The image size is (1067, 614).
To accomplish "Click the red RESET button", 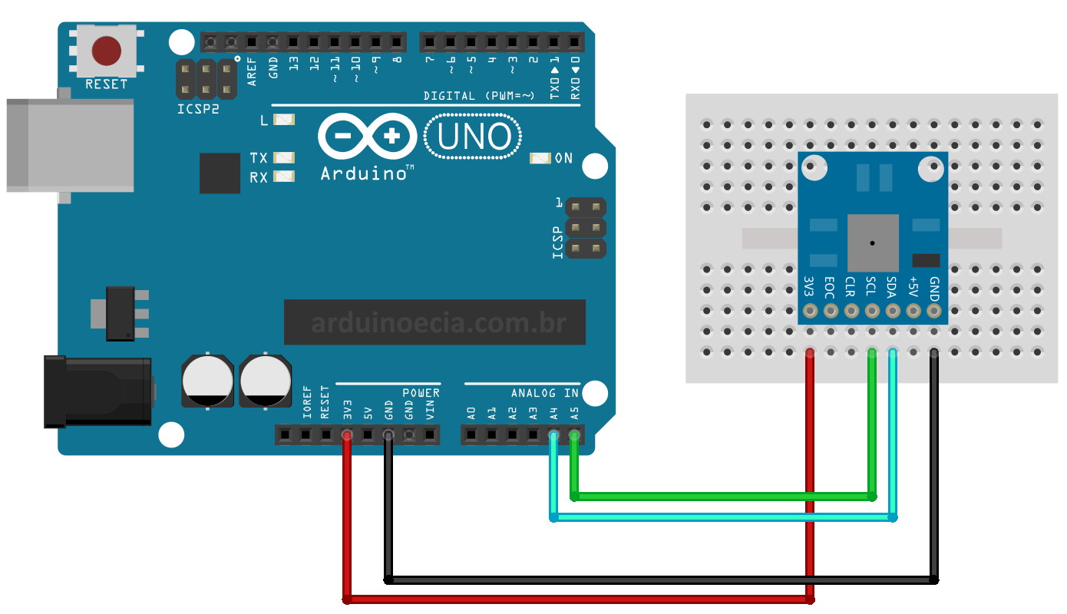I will click(106, 51).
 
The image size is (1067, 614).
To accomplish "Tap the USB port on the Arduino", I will click(69, 145).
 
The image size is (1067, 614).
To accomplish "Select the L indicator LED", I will click(285, 120).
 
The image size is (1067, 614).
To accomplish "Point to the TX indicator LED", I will click(284, 157).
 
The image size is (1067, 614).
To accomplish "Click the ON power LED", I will click(540, 158).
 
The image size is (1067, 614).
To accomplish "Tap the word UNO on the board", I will click(474, 137).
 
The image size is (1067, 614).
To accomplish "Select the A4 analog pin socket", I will click(553, 435).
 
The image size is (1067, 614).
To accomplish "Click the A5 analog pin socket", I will click(574, 435).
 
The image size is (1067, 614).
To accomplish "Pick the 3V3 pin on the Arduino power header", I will click(347, 435).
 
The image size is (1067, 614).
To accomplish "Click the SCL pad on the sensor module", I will click(871, 311).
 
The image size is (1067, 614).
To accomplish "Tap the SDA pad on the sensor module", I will click(892, 311).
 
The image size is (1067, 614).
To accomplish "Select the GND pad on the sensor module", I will click(933, 311).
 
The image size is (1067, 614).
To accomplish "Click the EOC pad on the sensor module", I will click(830, 311).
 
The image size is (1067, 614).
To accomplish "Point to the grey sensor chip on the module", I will click(873, 243).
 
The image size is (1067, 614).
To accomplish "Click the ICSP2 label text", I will click(197, 108).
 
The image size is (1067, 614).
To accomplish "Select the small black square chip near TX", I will click(220, 173).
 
